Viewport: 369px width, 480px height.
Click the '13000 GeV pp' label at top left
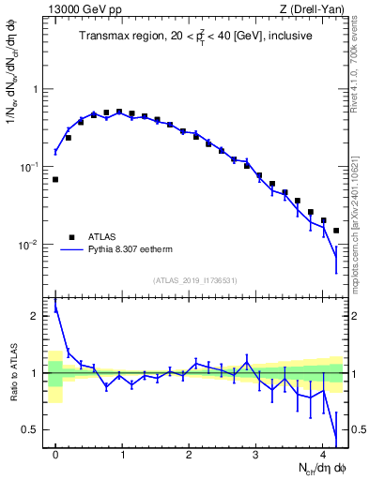tap(78, 10)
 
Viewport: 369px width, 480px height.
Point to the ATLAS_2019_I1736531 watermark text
tap(195, 280)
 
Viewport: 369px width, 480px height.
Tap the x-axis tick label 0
tap(55, 455)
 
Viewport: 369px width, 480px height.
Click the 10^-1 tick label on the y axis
tap(31, 167)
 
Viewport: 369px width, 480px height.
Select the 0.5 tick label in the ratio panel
tap(33, 429)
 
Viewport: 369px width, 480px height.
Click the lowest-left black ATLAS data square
tap(55, 179)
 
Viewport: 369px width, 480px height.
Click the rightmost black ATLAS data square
tap(335, 231)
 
